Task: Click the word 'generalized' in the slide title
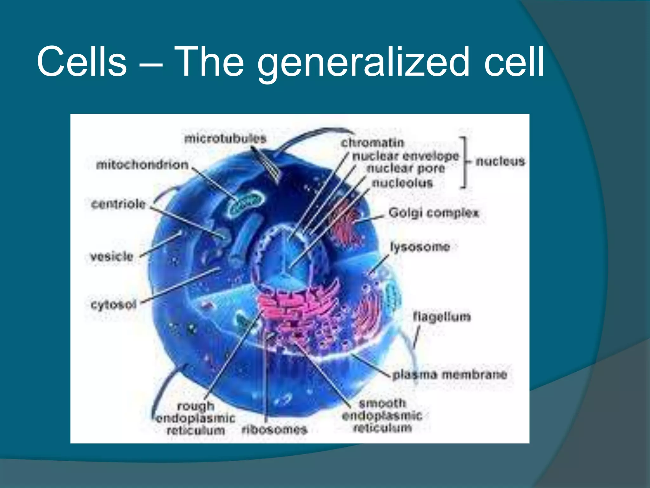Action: (363, 62)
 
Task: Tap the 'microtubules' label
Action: (225, 139)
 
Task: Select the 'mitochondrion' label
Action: (142, 165)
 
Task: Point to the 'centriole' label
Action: (118, 204)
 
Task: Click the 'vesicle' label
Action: (111, 256)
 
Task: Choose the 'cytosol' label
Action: (113, 305)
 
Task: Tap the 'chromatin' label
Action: (372, 143)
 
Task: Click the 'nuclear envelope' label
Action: (406, 156)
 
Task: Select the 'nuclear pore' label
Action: (406, 169)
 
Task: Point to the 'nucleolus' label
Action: (402, 183)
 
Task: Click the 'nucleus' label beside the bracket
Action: (500, 161)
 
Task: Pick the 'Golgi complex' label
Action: (434, 213)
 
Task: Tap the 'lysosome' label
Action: (420, 247)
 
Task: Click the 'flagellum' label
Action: (441, 317)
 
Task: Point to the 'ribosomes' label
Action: (275, 430)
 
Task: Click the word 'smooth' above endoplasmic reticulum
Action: (382, 403)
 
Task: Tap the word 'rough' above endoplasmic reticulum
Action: (196, 406)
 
